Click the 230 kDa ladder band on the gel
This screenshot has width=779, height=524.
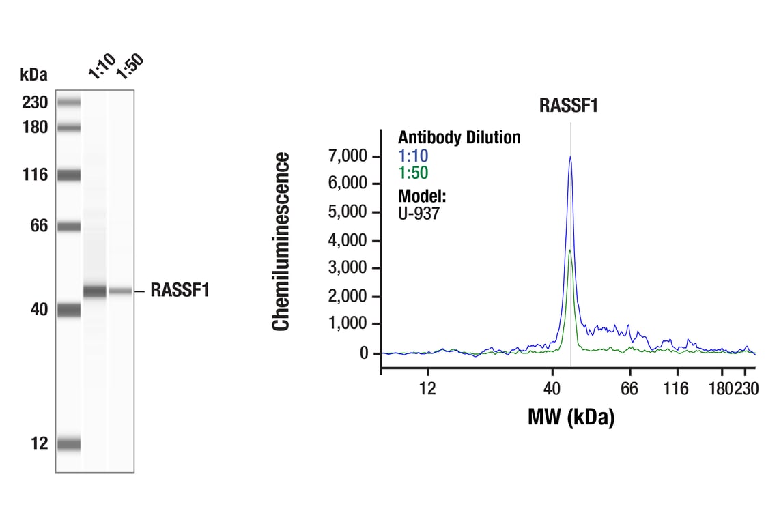69,103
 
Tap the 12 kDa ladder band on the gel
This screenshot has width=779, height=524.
69,444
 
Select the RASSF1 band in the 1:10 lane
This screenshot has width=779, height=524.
95,291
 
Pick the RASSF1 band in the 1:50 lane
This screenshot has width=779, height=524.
120,291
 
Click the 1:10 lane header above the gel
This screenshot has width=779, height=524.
102,66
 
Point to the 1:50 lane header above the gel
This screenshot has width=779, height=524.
130,66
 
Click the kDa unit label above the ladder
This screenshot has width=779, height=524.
34,74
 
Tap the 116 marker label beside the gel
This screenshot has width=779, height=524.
33,175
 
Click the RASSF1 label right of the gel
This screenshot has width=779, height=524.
180,291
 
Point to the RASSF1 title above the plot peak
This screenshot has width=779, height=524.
569,105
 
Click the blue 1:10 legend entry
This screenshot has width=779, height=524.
413,156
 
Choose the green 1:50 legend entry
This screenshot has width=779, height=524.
413,173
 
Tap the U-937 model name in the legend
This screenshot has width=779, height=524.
419,213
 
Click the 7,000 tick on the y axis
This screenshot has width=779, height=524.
350,156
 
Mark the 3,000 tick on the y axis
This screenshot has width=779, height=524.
350,268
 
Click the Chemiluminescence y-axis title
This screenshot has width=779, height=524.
281,242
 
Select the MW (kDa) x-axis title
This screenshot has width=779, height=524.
571,416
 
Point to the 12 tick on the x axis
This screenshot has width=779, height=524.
427,389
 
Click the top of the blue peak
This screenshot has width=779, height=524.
570,157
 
